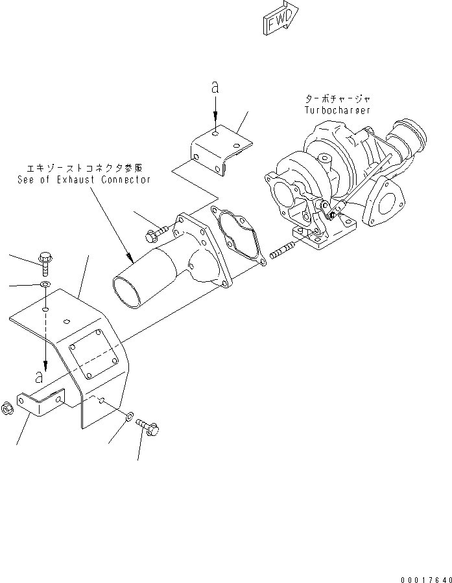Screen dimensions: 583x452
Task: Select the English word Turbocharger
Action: (x=337, y=110)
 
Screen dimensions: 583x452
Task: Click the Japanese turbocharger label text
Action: (x=338, y=99)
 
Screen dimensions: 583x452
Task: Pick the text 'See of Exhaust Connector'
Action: (x=84, y=179)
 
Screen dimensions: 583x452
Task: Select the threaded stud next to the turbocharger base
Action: (x=280, y=249)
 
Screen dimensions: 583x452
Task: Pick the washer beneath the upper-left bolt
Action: (x=44, y=285)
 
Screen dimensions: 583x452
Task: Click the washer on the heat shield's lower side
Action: (x=130, y=416)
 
